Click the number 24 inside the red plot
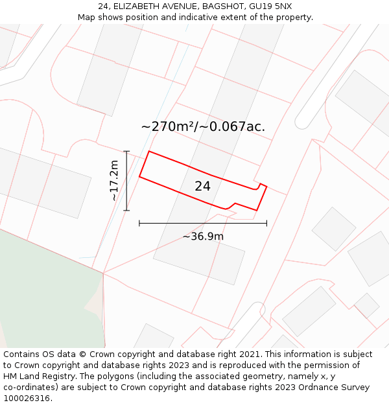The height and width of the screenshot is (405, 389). pos(202,187)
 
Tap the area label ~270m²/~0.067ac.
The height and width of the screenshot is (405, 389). pos(203,126)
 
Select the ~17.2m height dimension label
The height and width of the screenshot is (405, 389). pos(114,180)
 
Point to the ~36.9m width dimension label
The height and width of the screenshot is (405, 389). pos(203,237)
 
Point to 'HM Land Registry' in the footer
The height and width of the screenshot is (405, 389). pos(39,376)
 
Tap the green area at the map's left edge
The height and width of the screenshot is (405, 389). pos(45,292)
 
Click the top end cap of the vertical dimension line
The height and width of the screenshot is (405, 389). pos(126,152)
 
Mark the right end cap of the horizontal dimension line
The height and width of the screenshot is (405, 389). pos(266,224)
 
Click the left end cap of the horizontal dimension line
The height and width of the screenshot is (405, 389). pos(139,224)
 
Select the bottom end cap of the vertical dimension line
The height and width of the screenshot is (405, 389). pos(126,211)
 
